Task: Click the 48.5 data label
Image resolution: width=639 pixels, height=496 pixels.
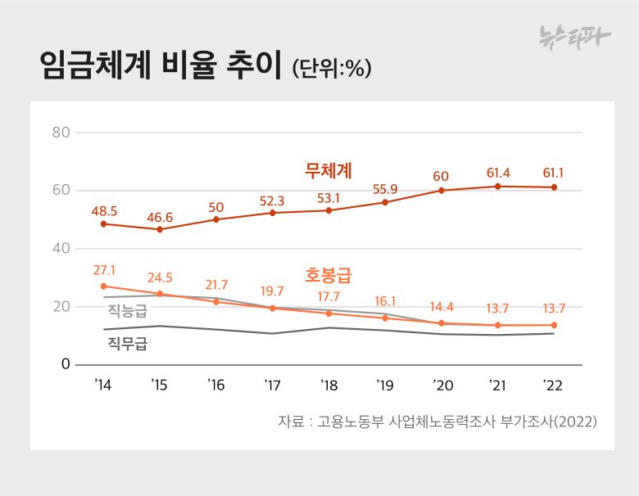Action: coord(104,211)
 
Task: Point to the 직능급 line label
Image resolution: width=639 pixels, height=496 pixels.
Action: coord(127,310)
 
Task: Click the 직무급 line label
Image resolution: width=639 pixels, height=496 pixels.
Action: coord(127,344)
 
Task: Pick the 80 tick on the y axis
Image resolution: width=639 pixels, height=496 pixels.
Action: coord(61,132)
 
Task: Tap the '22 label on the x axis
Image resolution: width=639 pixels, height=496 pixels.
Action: coord(553,385)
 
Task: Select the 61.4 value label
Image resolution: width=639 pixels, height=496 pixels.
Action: coord(498,174)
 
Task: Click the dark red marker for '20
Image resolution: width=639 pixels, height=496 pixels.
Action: coord(442,190)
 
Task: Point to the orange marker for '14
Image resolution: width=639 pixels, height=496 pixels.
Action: coord(104,286)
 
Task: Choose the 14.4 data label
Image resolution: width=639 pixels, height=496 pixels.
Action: coord(442,307)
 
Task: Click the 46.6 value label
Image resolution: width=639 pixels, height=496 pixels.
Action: coord(160,217)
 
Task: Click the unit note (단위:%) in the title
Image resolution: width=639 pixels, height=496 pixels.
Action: coord(332,69)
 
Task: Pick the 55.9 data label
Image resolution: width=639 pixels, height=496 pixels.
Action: coord(385,189)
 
